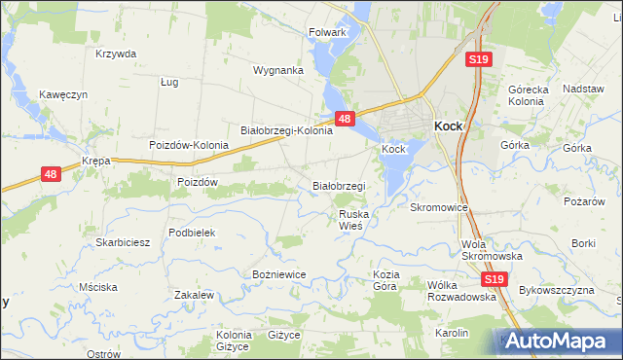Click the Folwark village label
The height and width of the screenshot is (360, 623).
click(327, 32)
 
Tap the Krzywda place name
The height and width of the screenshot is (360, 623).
click(116, 54)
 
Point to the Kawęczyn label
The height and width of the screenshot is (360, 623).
click(64, 94)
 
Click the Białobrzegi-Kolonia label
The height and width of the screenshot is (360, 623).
click(286, 130)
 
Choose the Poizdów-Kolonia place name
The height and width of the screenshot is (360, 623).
click(189, 145)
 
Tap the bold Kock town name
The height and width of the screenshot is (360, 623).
click(448, 126)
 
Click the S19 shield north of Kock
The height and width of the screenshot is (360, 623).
click(478, 59)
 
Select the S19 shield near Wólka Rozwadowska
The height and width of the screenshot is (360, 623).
click(495, 279)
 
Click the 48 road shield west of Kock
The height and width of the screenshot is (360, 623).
click(344, 118)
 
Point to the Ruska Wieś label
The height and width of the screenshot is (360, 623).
click(350, 219)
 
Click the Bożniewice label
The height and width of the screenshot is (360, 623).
click(279, 274)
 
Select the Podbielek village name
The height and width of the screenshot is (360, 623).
click(191, 233)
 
